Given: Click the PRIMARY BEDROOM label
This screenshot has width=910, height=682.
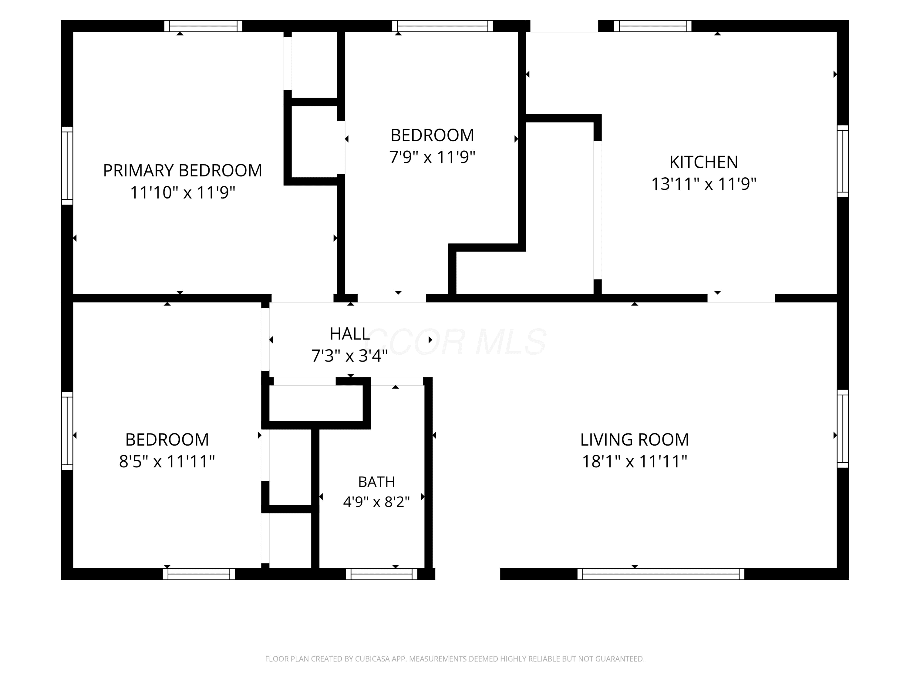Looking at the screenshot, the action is click(x=182, y=170).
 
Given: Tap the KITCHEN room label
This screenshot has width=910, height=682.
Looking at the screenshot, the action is click(x=703, y=162).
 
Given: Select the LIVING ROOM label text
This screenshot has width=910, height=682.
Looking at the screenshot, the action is click(x=634, y=440).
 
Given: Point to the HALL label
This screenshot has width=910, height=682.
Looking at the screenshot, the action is click(x=350, y=334).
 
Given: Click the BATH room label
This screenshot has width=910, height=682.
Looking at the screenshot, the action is click(x=376, y=482).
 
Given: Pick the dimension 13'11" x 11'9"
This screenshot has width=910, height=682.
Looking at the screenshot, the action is click(x=703, y=184).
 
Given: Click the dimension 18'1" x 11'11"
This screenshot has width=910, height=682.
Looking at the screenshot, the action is click(x=634, y=461).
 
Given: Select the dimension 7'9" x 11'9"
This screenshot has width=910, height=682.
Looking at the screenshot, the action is click(x=432, y=157).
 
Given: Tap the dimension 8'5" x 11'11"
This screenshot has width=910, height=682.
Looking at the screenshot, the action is click(x=167, y=461).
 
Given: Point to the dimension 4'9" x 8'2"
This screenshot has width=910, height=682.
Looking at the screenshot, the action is click(x=376, y=502).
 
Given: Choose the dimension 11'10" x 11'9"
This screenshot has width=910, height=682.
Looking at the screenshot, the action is click(x=182, y=192).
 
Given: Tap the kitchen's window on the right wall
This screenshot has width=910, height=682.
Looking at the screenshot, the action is click(x=843, y=161).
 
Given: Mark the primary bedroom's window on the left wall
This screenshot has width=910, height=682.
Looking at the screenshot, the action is click(x=67, y=166).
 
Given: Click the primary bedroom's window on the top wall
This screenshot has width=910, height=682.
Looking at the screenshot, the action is click(x=203, y=26).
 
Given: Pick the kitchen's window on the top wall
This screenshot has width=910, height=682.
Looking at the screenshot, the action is click(x=653, y=26).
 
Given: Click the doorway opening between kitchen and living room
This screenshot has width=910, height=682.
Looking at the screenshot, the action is click(x=741, y=299).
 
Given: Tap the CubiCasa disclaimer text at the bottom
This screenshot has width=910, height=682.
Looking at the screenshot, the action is click(x=455, y=659).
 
